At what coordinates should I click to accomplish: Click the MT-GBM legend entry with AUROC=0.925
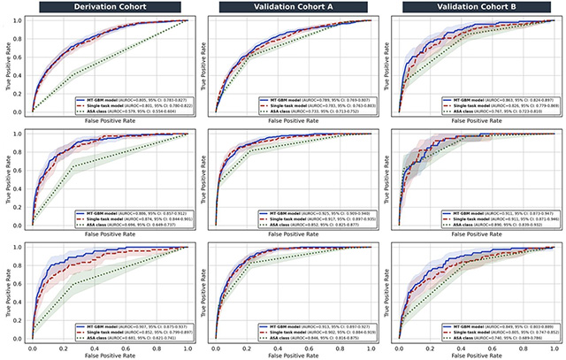317,213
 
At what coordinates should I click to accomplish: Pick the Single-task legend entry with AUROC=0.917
317,218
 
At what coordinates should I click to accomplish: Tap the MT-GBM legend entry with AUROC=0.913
317,326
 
